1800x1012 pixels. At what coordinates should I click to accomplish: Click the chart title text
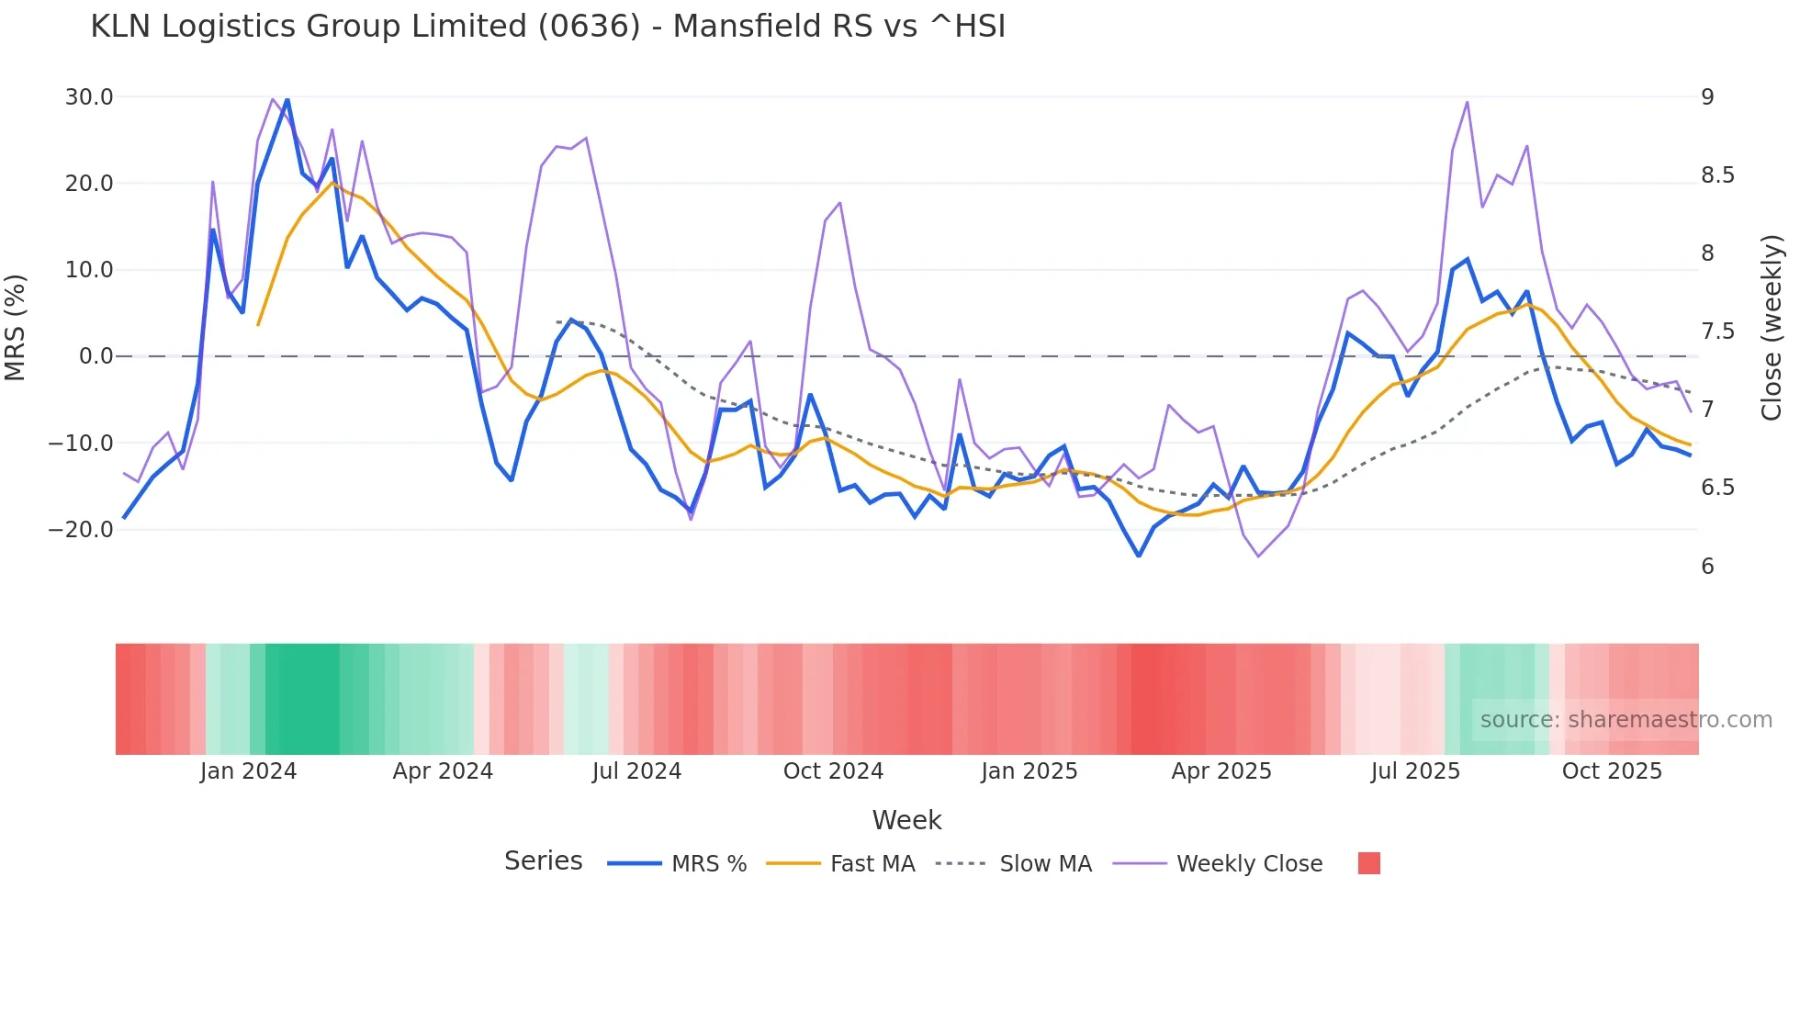(547, 27)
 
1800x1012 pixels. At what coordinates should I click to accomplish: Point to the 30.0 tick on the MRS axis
(89, 97)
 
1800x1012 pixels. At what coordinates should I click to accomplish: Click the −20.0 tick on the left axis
(82, 530)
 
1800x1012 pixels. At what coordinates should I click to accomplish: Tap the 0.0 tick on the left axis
(96, 356)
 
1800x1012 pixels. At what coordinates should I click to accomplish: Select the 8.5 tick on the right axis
(1717, 175)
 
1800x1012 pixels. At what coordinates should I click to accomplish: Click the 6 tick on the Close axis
(1707, 567)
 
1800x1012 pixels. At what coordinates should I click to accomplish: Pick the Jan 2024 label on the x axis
(248, 771)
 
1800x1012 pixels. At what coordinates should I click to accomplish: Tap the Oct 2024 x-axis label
(833, 771)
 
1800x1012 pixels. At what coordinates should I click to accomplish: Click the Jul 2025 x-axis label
(1415, 771)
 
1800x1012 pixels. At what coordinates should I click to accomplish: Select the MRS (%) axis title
(16, 327)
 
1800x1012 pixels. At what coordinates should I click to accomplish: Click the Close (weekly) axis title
(1772, 327)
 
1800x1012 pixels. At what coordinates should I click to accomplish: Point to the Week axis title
(906, 820)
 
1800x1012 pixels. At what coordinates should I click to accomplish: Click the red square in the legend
(1368, 863)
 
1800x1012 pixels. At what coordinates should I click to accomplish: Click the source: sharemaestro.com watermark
(1626, 720)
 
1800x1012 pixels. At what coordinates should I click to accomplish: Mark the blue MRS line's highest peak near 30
(287, 99)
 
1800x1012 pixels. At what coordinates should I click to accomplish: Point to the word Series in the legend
(543, 861)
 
